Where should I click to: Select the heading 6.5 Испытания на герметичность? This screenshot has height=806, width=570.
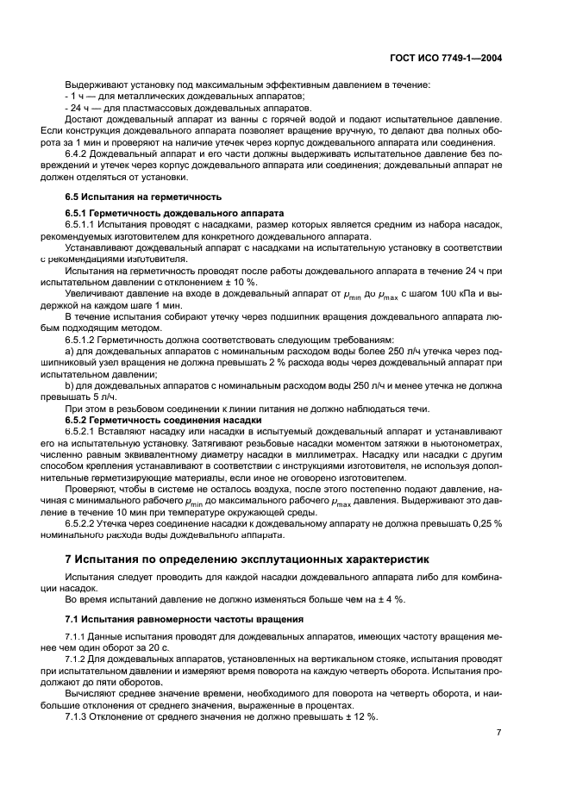pos(132,197)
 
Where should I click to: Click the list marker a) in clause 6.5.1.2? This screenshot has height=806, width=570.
pos(70,352)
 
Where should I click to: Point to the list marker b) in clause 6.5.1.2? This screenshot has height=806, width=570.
pos(70,385)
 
